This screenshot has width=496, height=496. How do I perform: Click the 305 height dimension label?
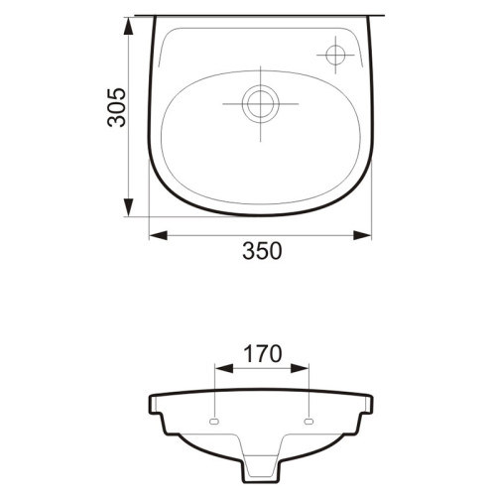(x=117, y=107)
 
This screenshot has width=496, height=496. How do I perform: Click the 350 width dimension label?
(x=262, y=251)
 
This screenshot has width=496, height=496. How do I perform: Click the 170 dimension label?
(x=263, y=353)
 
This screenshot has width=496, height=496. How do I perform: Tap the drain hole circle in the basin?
(x=261, y=104)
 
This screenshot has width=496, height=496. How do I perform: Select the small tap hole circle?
(x=335, y=55)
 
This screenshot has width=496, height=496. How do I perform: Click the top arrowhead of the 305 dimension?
(x=128, y=26)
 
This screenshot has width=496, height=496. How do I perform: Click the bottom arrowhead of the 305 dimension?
(x=128, y=207)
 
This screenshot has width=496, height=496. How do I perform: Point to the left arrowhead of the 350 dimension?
(x=158, y=235)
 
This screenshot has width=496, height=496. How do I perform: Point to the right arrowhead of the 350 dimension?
(x=362, y=235)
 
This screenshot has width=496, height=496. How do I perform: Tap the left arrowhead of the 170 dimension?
(x=224, y=368)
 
